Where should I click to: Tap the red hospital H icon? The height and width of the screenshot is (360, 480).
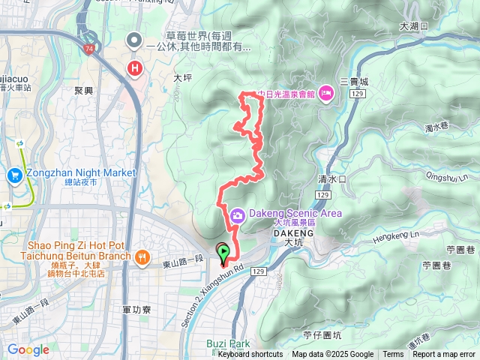(135, 69)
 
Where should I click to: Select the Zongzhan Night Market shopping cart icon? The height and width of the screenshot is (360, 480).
(14, 175)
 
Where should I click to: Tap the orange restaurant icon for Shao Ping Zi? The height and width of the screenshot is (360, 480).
(142, 256)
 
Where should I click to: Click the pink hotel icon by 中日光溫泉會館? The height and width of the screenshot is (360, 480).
(326, 93)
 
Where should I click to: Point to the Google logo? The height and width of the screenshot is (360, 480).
(28, 349)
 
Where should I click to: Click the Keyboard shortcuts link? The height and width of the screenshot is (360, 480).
(251, 355)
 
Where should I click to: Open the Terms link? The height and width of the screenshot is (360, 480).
(393, 355)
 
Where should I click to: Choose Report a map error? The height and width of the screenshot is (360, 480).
(445, 355)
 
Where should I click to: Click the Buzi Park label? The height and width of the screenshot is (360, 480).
(228, 343)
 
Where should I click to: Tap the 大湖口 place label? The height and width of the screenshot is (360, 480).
(413, 25)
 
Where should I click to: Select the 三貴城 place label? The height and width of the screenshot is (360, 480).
(354, 80)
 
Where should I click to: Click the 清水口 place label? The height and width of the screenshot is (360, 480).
(331, 180)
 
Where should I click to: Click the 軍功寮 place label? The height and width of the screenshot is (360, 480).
(136, 309)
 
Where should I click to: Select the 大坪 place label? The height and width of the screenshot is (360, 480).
(183, 77)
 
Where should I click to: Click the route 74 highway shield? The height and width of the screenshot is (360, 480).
(89, 49)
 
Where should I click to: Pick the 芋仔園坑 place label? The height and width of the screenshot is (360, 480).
(322, 336)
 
